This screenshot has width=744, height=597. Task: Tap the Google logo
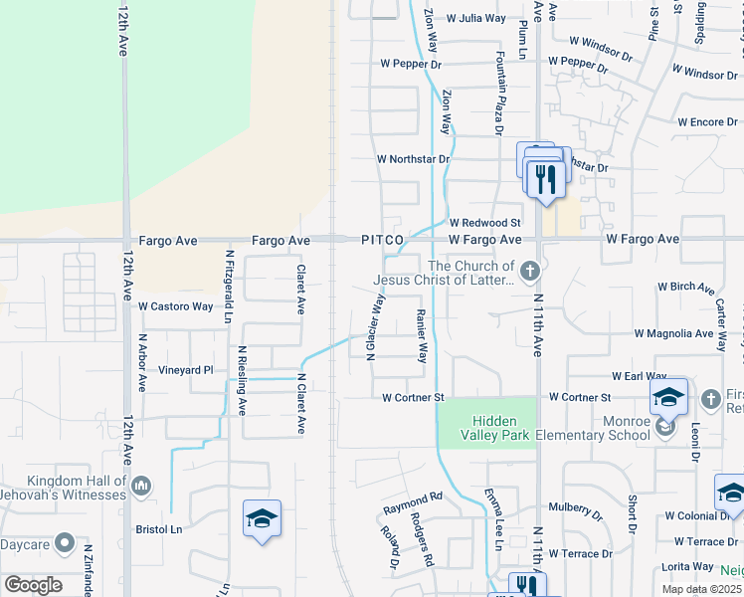tap(33, 585)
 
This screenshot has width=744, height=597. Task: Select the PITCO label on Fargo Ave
tap(382, 240)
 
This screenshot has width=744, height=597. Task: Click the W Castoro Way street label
tap(175, 306)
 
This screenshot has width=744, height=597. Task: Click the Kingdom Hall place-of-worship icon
tap(140, 485)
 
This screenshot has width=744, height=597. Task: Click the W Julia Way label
tap(475, 18)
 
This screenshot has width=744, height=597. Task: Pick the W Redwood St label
tap(484, 223)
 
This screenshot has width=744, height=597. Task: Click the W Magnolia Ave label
tap(674, 333)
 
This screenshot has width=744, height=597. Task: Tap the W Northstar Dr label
tap(413, 159)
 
